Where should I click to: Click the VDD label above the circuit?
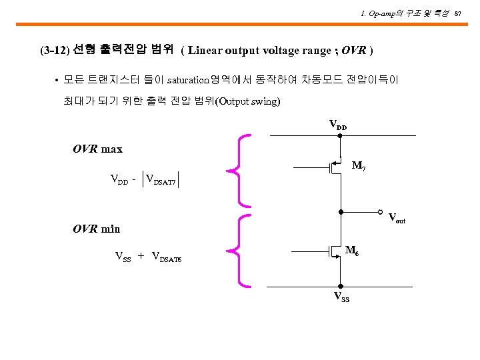click(338, 125)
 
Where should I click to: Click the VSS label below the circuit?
click(341, 297)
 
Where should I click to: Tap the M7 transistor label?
click(358, 165)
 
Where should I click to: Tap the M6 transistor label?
click(353, 250)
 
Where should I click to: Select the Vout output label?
click(397, 217)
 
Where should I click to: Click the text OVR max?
click(97, 149)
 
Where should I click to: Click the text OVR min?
click(96, 229)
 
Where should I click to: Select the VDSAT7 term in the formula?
click(161, 179)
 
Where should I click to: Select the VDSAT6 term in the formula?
click(167, 257)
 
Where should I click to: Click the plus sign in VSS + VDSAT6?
click(141, 256)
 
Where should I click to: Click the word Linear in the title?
click(205, 50)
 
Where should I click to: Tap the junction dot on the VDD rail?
click(340, 136)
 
